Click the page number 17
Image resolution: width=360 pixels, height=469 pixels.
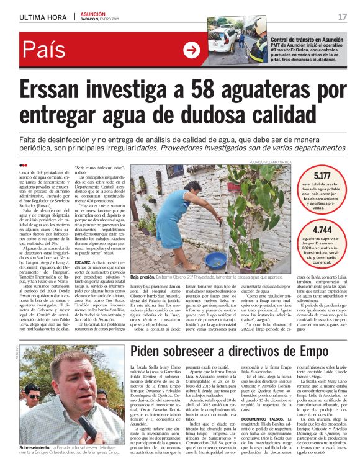click(x=343, y=17)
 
